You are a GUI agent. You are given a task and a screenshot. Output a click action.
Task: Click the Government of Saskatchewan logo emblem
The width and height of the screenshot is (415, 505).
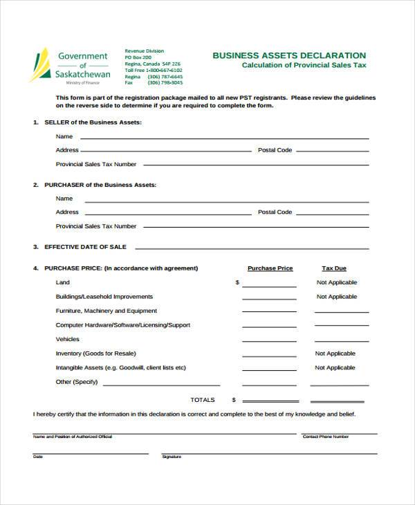pyautogui.click(x=40, y=65)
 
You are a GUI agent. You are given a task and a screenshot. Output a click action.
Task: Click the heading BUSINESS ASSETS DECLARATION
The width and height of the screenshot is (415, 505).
pyautogui.click(x=289, y=55)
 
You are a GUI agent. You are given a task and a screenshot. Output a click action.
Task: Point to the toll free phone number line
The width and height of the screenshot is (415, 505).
pyautogui.click(x=154, y=70)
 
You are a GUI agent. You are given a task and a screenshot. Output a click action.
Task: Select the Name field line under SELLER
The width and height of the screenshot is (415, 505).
pyautogui.click(x=225, y=138)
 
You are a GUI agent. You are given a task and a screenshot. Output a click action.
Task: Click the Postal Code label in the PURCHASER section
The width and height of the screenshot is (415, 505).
pyautogui.click(x=275, y=212)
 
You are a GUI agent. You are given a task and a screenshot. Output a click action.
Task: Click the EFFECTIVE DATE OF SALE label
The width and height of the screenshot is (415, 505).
pyautogui.click(x=85, y=246)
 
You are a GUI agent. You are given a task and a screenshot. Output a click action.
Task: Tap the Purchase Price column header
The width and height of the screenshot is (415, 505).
pyautogui.click(x=270, y=268)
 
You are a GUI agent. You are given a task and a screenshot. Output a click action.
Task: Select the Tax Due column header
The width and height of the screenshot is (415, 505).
pyautogui.click(x=334, y=268)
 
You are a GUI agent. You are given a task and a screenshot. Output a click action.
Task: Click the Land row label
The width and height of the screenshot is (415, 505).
pyautogui.click(x=63, y=282)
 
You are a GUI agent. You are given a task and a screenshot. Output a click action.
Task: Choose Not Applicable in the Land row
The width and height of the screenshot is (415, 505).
pyautogui.click(x=336, y=282)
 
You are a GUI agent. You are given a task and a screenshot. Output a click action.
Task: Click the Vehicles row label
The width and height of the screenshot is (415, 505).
pyautogui.click(x=68, y=339)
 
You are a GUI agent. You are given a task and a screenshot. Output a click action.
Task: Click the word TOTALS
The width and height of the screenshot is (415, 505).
pyautogui.click(x=203, y=400)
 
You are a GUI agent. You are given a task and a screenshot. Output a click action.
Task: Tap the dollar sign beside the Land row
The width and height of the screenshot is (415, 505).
pyautogui.click(x=237, y=282)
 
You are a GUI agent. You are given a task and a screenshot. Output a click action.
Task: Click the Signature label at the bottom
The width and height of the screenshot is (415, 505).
pyautogui.click(x=172, y=457)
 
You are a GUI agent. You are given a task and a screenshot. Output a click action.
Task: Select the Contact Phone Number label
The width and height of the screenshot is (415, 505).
pyautogui.click(x=326, y=437)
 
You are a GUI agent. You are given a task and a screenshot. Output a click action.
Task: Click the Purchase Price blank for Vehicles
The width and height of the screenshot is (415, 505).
pyautogui.click(x=270, y=342)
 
